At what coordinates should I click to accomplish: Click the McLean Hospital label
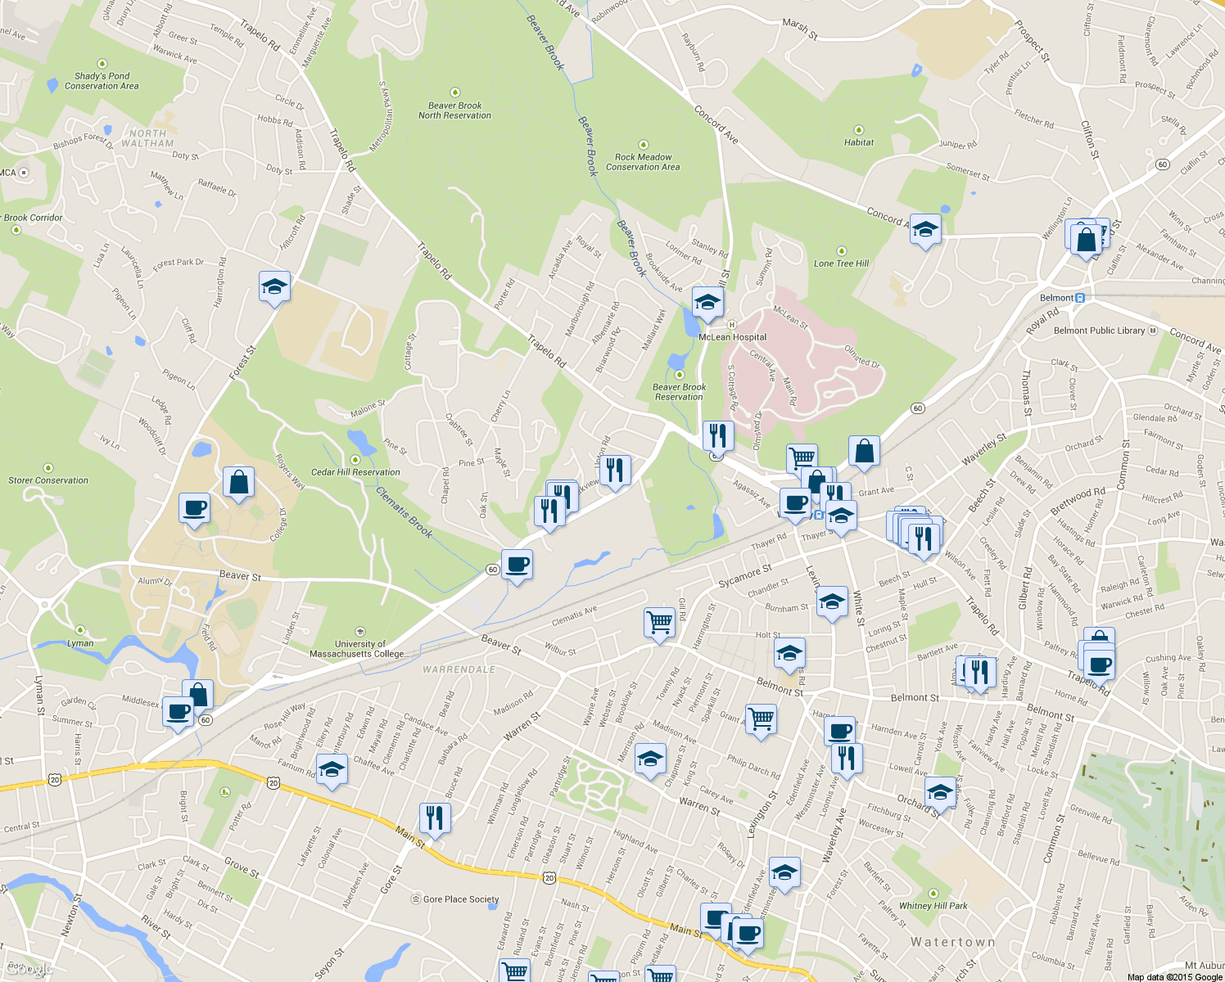pos(732,337)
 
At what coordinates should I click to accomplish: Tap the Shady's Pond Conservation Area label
pos(102,81)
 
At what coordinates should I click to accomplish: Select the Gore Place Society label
pos(460,899)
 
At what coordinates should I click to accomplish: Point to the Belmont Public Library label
pos(1099,331)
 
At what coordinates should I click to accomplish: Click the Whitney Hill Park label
pos(933,906)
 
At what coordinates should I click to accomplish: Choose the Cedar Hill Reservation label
pos(355,472)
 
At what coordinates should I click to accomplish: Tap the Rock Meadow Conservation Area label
pos(643,162)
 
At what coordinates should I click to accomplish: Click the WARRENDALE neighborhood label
pos(459,669)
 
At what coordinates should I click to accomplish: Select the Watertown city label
pos(953,943)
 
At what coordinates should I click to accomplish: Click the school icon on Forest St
pos(274,286)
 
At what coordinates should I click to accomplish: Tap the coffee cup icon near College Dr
pos(194,508)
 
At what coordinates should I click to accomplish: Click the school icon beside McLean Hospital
pos(707,302)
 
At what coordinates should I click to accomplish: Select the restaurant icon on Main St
pos(435,818)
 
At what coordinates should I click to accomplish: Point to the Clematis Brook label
pos(404,512)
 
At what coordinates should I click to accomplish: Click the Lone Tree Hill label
pos(841,264)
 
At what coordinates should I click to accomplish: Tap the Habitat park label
pos(859,142)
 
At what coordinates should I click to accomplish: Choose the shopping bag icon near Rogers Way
pos(238,482)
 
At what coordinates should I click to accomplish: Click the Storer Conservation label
pos(48,480)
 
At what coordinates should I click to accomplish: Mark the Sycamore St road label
pos(744,576)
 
